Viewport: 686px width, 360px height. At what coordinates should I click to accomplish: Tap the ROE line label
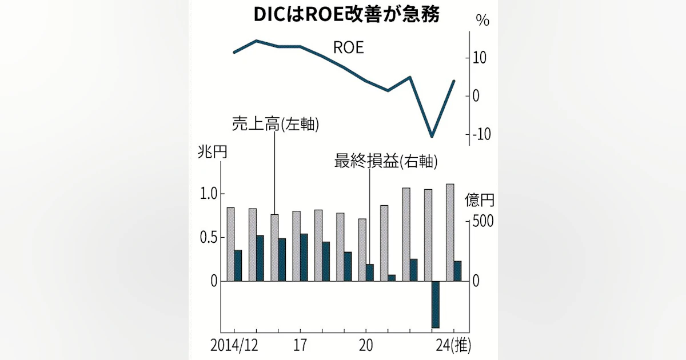[349, 47]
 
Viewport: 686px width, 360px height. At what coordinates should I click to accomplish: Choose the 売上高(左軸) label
[275, 124]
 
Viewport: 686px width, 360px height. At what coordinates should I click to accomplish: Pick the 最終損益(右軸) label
[386, 162]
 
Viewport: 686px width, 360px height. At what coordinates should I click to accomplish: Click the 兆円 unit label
[212, 153]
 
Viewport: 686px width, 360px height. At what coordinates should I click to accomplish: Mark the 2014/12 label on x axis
[234, 346]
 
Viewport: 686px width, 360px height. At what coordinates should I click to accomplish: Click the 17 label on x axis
[301, 346]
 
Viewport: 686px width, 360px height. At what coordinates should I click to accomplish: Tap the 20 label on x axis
[366, 346]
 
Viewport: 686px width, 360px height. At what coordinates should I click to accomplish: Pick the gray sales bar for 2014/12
[231, 244]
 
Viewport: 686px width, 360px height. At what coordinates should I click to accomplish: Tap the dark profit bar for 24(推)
[457, 271]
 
